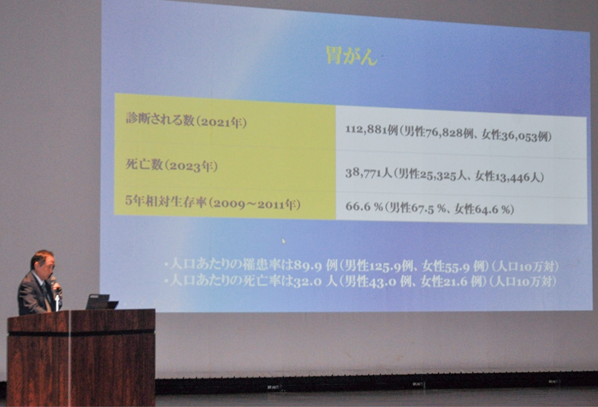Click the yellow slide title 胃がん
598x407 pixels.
(352, 56)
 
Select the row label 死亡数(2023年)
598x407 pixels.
(171, 166)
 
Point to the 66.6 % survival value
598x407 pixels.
(364, 206)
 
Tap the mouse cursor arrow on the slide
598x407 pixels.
(284, 241)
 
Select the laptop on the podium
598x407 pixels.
(102, 301)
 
